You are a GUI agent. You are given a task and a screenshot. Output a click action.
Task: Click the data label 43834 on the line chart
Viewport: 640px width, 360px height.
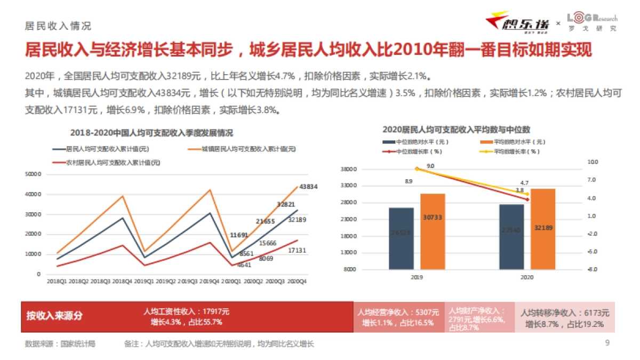pyautogui.click(x=308, y=187)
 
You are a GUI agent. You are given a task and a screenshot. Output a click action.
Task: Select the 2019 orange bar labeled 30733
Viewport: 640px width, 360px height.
pyautogui.click(x=433, y=231)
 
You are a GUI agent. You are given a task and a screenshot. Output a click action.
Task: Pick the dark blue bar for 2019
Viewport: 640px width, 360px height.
pyautogui.click(x=401, y=238)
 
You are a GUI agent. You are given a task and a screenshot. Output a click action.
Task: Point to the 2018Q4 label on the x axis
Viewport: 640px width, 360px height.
pyautogui.click(x=123, y=281)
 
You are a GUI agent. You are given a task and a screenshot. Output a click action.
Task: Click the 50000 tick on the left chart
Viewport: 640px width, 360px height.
pyautogui.click(x=33, y=174)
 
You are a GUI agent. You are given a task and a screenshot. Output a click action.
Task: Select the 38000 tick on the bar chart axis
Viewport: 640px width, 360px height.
pyautogui.click(x=348, y=170)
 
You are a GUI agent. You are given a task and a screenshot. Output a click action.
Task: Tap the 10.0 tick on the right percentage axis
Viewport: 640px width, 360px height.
pyautogui.click(x=593, y=162)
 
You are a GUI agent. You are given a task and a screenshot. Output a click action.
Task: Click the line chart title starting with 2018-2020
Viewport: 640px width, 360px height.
pyautogui.click(x=151, y=133)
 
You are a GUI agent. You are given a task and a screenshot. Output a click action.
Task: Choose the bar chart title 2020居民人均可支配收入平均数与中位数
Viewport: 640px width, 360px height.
pyautogui.click(x=456, y=130)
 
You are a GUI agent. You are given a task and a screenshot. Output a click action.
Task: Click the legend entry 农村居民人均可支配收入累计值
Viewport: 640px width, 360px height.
pyautogui.click(x=112, y=162)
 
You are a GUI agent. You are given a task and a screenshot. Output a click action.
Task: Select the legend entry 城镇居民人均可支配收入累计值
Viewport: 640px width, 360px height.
pyautogui.click(x=248, y=149)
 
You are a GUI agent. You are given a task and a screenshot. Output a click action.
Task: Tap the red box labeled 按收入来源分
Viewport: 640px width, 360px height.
pyautogui.click(x=55, y=316)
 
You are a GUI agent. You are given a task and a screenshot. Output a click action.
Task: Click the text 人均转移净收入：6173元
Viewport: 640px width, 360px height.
pyautogui.click(x=565, y=313)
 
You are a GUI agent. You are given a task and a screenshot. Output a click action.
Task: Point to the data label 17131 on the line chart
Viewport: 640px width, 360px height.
pyautogui.click(x=297, y=251)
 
